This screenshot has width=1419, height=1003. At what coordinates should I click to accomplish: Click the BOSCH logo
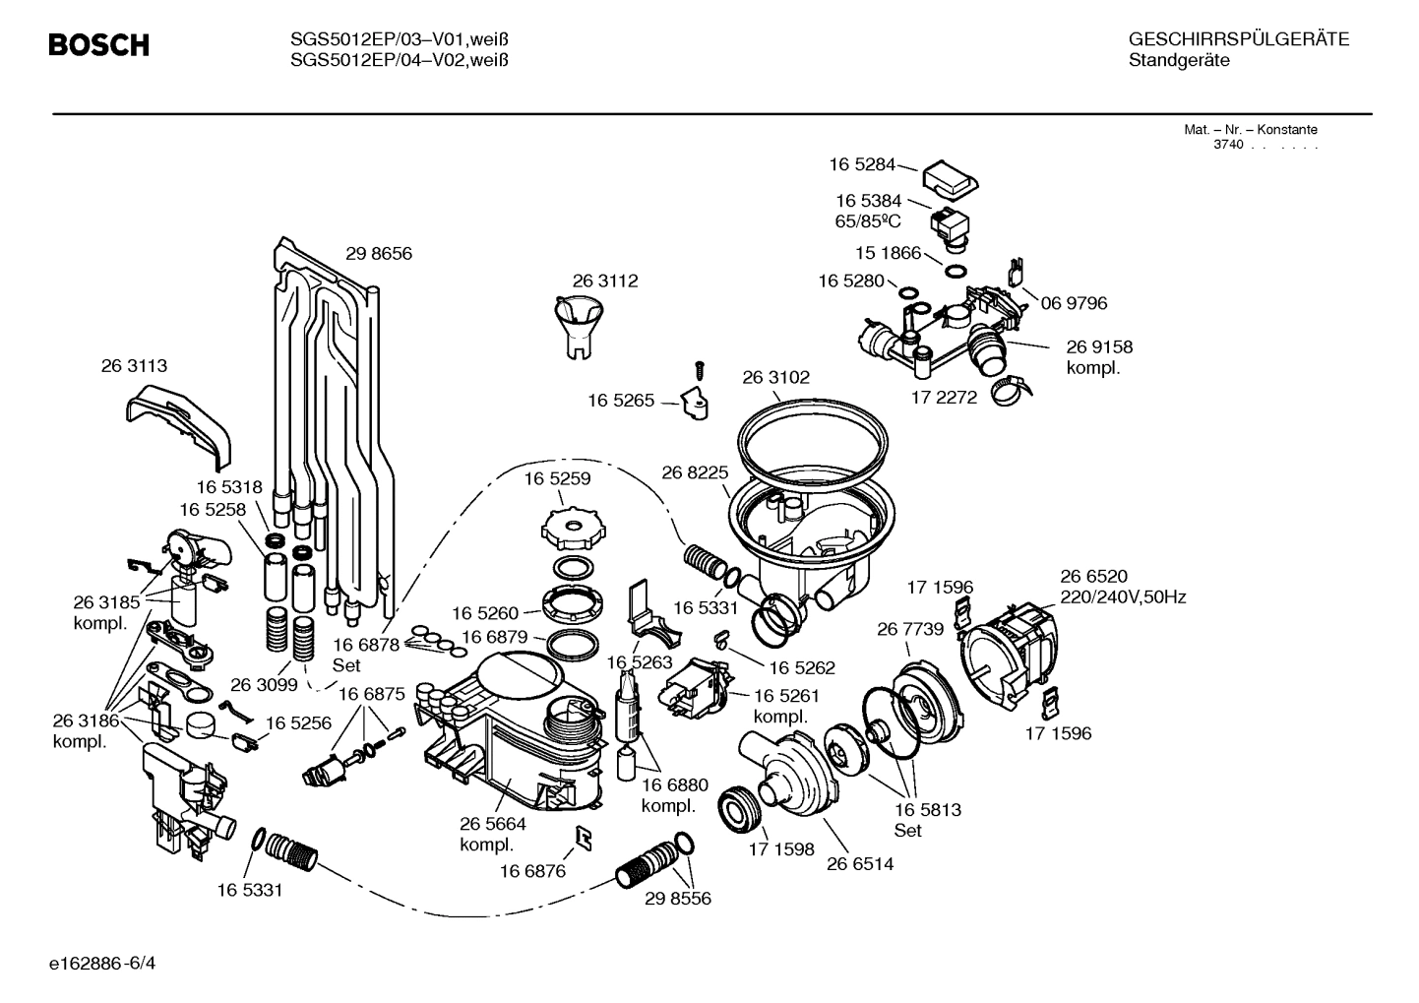(x=99, y=45)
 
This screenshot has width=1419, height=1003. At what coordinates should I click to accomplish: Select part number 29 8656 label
(x=378, y=254)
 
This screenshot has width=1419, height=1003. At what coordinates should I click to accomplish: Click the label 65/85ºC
(x=868, y=221)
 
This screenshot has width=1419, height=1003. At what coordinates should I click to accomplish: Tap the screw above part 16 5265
(x=700, y=370)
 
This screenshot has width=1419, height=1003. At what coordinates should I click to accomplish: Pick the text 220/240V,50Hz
(x=1122, y=596)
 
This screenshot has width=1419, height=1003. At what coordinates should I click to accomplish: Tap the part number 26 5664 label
(x=492, y=824)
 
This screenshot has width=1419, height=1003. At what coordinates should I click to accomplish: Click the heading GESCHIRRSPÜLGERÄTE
(x=1238, y=39)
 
